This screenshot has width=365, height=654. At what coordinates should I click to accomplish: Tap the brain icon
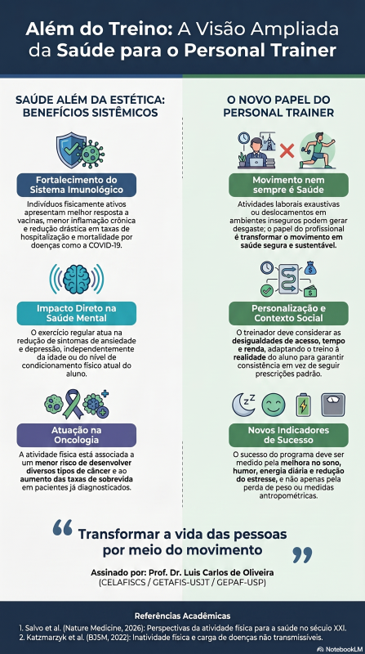tap(77, 279)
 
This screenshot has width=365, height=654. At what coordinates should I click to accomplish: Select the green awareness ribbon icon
tap(73, 403)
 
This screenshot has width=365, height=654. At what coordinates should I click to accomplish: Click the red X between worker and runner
tap(287, 151)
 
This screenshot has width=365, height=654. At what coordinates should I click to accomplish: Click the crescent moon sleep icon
tap(243, 404)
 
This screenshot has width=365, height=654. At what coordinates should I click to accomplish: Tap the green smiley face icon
tap(274, 405)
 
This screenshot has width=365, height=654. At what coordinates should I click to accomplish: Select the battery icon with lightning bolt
tap(303, 405)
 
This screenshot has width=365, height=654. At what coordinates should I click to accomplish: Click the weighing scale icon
tap(333, 405)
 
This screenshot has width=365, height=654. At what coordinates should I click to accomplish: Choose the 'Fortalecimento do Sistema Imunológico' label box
tap(77, 186)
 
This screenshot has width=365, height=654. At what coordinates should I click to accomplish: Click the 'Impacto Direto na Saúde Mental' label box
tap(77, 314)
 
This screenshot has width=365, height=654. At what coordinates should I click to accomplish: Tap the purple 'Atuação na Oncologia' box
tap(77, 436)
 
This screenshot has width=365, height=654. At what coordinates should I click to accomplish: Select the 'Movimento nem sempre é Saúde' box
tap(288, 186)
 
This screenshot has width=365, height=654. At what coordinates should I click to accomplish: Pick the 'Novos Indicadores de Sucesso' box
tap(288, 436)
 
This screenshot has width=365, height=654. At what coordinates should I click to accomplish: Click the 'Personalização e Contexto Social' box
tap(288, 314)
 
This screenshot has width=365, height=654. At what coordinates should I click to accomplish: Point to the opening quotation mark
tap(63, 527)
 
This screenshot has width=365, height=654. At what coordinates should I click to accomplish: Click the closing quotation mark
tap(302, 555)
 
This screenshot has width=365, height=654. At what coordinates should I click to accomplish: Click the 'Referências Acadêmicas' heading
tap(183, 616)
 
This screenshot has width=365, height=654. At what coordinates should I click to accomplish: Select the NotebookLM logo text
tap(339, 649)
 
